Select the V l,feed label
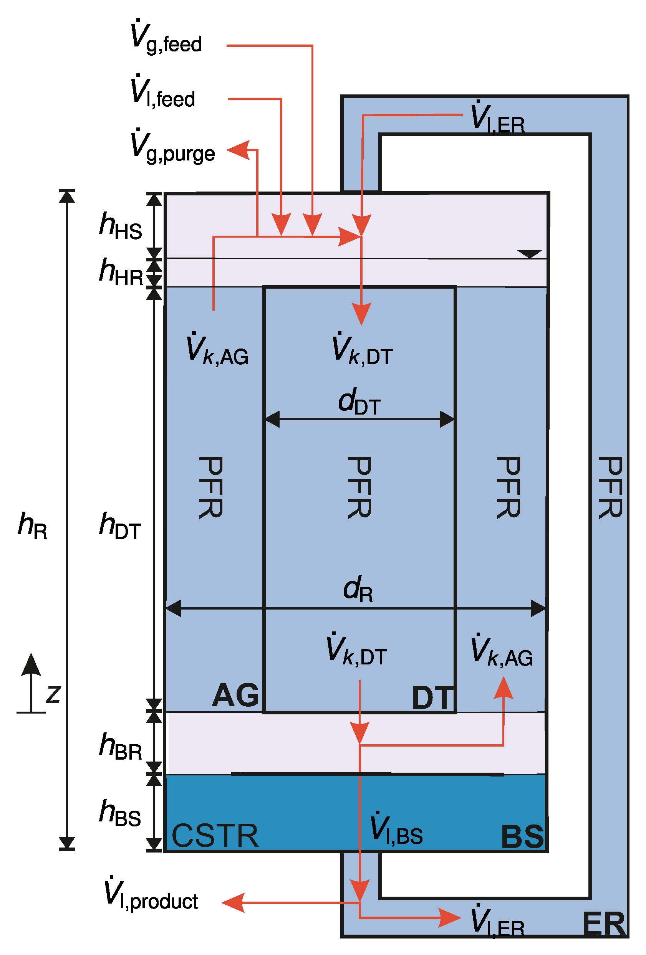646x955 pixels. tap(162, 93)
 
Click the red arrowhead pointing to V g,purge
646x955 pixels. tap(239, 150)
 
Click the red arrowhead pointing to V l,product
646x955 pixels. tap(233, 903)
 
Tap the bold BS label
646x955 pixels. tap(522, 837)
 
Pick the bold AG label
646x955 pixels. tap(235, 695)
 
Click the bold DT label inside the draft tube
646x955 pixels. tap(432, 698)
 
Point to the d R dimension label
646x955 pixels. tap(358, 589)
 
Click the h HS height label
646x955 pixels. tap(121, 226)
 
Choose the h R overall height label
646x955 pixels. tap(33, 525)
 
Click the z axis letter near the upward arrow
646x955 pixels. tap(53, 694)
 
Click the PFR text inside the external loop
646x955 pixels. tap(610, 488)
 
